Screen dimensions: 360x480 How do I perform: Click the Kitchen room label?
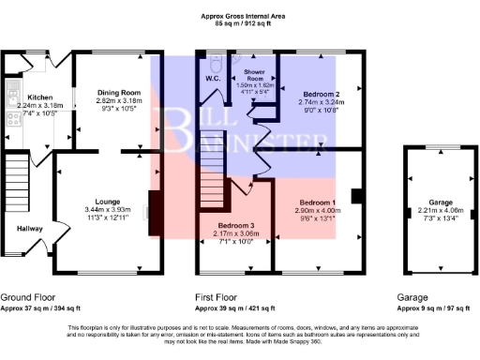tap(38, 97)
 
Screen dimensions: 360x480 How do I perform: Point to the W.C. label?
tap(212, 79)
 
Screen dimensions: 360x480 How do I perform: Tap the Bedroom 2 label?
tap(319, 94)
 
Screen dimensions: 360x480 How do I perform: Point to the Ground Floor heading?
tap(29, 295)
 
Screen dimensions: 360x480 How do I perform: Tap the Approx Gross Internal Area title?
tap(240, 14)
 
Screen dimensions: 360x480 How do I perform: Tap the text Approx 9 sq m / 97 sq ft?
tap(433, 307)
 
